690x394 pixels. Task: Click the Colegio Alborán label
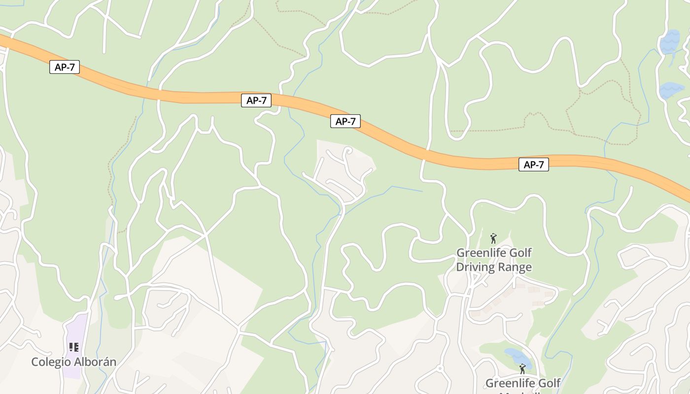pos(74,362)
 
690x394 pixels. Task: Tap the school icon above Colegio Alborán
pos(74,347)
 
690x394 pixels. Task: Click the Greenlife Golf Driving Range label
pos(494,260)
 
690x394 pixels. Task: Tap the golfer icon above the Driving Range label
pos(493,239)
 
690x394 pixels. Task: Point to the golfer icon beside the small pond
pos(522,369)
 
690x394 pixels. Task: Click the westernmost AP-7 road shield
pos(65,67)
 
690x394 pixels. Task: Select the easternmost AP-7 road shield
pos(533,164)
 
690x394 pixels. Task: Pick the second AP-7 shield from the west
pos(256,100)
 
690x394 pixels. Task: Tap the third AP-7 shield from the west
pos(345,121)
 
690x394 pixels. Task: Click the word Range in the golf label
pos(513,267)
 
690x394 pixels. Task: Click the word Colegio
pos(51,362)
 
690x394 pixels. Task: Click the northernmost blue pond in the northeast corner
pos(670,42)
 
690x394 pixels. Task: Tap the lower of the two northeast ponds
pos(671,90)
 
